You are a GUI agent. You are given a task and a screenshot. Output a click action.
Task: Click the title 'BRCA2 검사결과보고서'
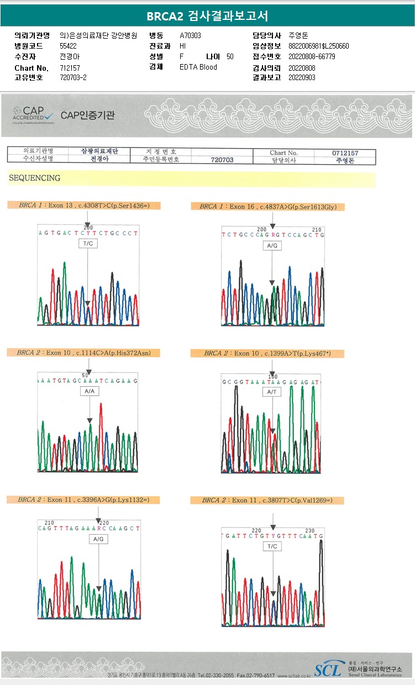[x=207, y=16]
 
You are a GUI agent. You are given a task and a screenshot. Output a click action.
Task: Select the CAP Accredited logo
[x=33, y=115]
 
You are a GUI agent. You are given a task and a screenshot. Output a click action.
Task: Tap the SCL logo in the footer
[x=328, y=670]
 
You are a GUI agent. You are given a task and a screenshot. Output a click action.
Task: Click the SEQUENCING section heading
[x=35, y=178]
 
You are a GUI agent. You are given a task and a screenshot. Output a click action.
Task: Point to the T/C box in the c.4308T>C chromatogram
[x=88, y=244]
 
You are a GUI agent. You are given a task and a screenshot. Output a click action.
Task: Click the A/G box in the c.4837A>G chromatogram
[x=271, y=245]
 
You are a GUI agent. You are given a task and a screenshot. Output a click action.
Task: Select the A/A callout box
[x=90, y=391]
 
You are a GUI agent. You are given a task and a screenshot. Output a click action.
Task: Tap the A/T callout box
[x=271, y=392]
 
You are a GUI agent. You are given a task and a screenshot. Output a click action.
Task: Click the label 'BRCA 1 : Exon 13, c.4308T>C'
[x=83, y=205]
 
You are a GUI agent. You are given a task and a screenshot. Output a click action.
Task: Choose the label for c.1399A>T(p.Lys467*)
[x=267, y=353]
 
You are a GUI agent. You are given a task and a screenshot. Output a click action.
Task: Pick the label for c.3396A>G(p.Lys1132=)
[x=83, y=499]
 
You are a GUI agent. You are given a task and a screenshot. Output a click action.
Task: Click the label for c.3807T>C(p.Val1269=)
[x=267, y=500]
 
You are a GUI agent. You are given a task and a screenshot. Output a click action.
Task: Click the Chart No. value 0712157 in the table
[x=345, y=152]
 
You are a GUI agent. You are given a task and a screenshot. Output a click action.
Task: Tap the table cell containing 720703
[x=222, y=160]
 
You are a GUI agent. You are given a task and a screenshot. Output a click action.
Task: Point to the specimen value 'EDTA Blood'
[x=198, y=67]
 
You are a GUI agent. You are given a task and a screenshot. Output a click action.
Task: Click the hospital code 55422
[x=68, y=46]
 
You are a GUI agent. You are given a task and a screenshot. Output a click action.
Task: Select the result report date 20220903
[x=302, y=77]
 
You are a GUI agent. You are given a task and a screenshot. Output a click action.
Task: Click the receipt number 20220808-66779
[x=312, y=56]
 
